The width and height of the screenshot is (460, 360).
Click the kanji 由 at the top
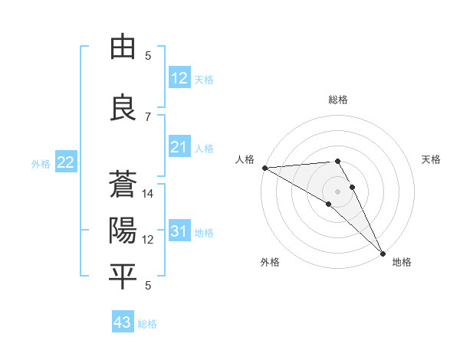pyautogui.click(x=123, y=48)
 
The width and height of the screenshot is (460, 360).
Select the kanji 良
pyautogui.click(x=123, y=108)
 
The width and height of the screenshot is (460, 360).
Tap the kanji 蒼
pyautogui.click(x=123, y=186)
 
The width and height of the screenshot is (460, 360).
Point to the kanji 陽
pyautogui.click(x=123, y=231)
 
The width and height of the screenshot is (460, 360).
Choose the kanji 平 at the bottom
pyautogui.click(x=123, y=277)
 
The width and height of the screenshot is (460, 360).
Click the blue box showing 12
pyautogui.click(x=179, y=78)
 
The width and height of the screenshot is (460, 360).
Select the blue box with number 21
pyautogui.click(x=179, y=147)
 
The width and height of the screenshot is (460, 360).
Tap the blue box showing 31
pyautogui.click(x=179, y=231)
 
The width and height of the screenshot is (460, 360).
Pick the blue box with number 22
pyautogui.click(x=66, y=162)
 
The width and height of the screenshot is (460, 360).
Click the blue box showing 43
pyautogui.click(x=122, y=322)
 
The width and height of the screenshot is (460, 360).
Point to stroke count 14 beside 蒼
pyautogui.click(x=148, y=194)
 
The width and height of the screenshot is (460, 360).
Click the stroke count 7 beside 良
pyautogui.click(x=148, y=116)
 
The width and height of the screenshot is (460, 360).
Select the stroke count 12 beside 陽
pyautogui.click(x=148, y=240)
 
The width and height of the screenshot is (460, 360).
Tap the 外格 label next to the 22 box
pyautogui.click(x=41, y=163)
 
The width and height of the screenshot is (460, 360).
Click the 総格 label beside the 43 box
pyautogui.click(x=147, y=324)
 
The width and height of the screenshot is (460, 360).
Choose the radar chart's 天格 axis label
pyautogui.click(x=432, y=159)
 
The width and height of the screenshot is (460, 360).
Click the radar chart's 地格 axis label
pyautogui.click(x=402, y=262)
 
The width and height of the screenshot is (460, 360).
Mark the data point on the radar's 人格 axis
pyautogui.click(x=264, y=168)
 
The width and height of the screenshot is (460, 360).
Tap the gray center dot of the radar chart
pyautogui.click(x=338, y=191)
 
